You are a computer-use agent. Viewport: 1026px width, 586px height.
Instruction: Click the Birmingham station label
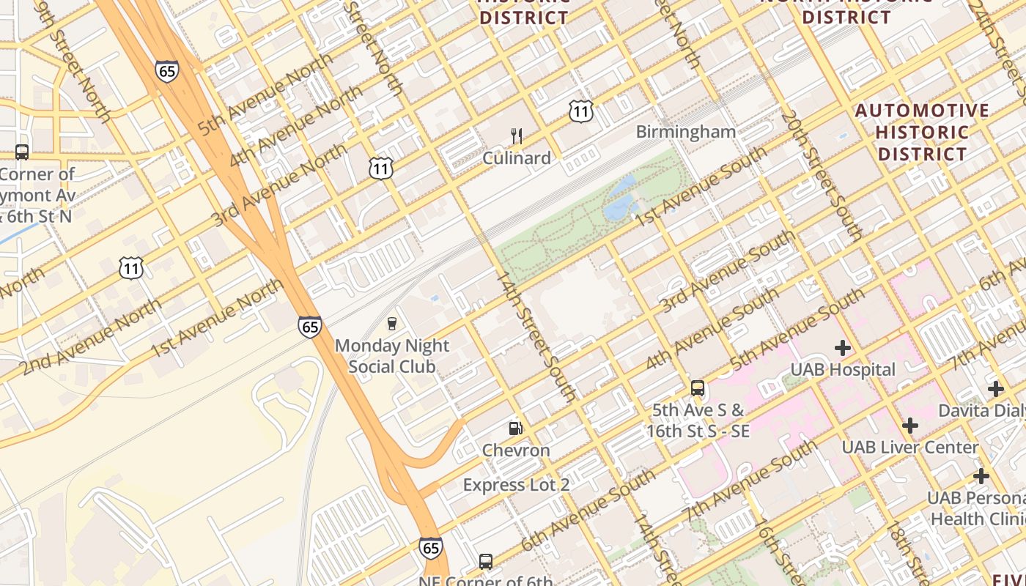(x=685, y=132)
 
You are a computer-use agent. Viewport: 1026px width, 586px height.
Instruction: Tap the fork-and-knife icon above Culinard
(x=517, y=136)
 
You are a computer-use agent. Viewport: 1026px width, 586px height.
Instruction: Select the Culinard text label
(x=517, y=158)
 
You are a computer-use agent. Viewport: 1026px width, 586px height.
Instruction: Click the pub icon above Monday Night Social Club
(x=392, y=324)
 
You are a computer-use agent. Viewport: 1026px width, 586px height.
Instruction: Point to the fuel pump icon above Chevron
(x=516, y=429)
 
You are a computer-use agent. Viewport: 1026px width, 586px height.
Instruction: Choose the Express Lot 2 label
(x=516, y=485)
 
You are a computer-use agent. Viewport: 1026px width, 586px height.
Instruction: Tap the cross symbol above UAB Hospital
(x=843, y=347)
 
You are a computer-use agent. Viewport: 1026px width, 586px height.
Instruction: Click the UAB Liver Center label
(x=909, y=448)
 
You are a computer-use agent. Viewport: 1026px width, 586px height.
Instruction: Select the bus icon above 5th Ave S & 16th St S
(x=698, y=388)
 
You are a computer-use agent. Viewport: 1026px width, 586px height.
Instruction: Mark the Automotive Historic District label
(x=923, y=133)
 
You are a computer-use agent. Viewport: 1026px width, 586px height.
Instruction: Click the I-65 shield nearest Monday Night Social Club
(x=310, y=327)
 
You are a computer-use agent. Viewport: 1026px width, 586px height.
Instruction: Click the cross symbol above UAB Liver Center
(x=909, y=426)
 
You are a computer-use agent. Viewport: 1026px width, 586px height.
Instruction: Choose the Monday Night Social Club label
(x=392, y=356)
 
